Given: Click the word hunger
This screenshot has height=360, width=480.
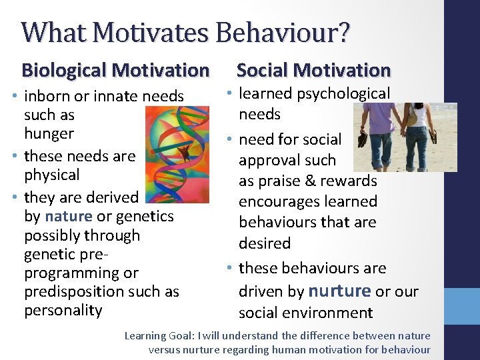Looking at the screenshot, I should point(49,133).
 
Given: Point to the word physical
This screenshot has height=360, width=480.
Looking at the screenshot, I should point(51,175).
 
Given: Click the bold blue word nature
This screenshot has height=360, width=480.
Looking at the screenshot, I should point(69,216).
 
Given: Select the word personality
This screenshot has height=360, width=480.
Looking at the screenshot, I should point(63,310).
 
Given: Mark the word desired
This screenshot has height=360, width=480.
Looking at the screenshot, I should point(265,243).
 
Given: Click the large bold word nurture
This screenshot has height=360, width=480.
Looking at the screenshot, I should point(340,291).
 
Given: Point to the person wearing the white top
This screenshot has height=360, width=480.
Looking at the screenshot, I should point(418,137).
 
